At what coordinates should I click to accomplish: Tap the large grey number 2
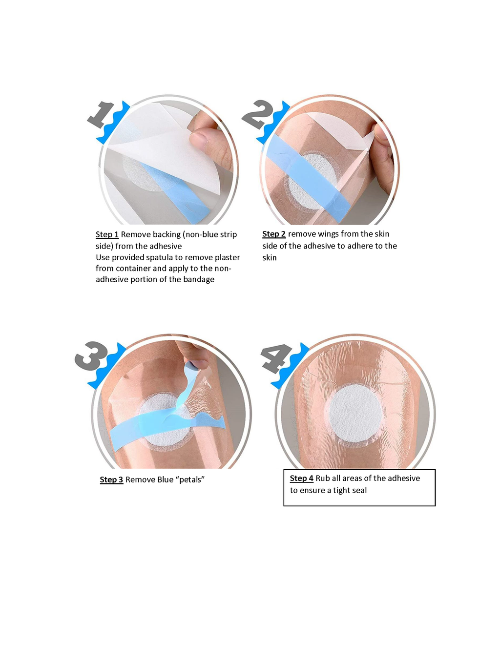[257, 114]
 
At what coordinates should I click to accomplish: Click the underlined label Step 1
[107, 235]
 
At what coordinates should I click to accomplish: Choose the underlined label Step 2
[273, 234]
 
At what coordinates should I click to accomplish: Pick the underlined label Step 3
[111, 480]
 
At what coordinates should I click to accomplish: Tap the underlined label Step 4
[301, 479]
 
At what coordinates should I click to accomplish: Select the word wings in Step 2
[328, 234]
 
